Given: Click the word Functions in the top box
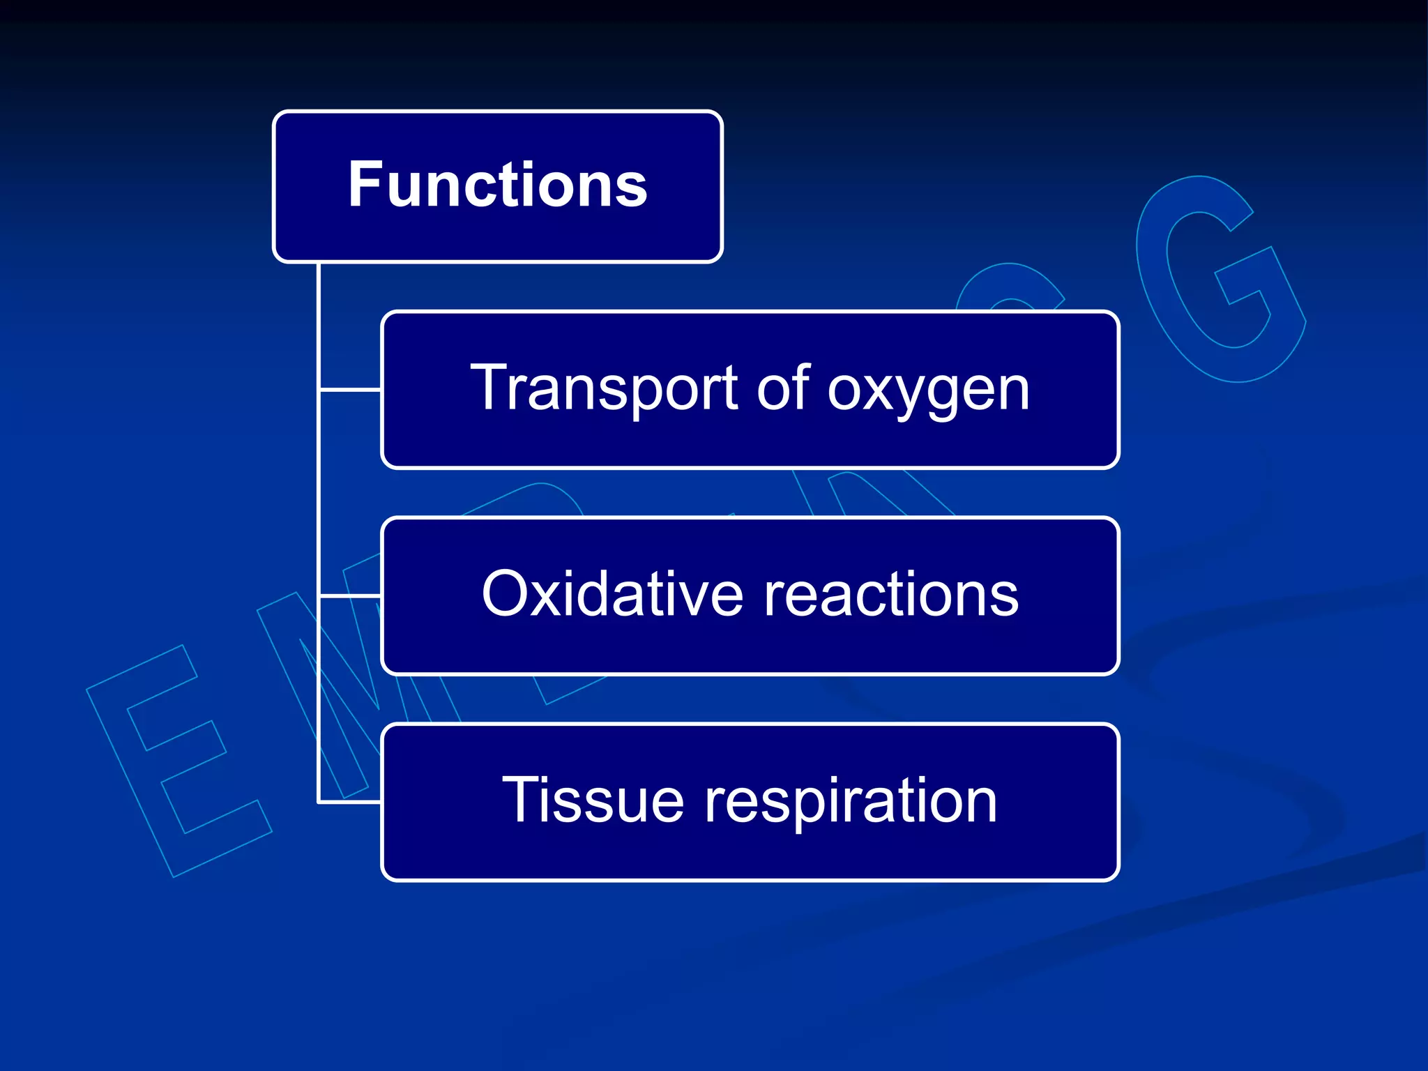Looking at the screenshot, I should pyautogui.click(x=497, y=185).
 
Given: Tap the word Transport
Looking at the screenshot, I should pyautogui.click(x=604, y=389).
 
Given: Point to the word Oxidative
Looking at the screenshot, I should pyautogui.click(x=612, y=594).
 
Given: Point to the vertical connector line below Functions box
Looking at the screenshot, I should pyautogui.click(x=319, y=488).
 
